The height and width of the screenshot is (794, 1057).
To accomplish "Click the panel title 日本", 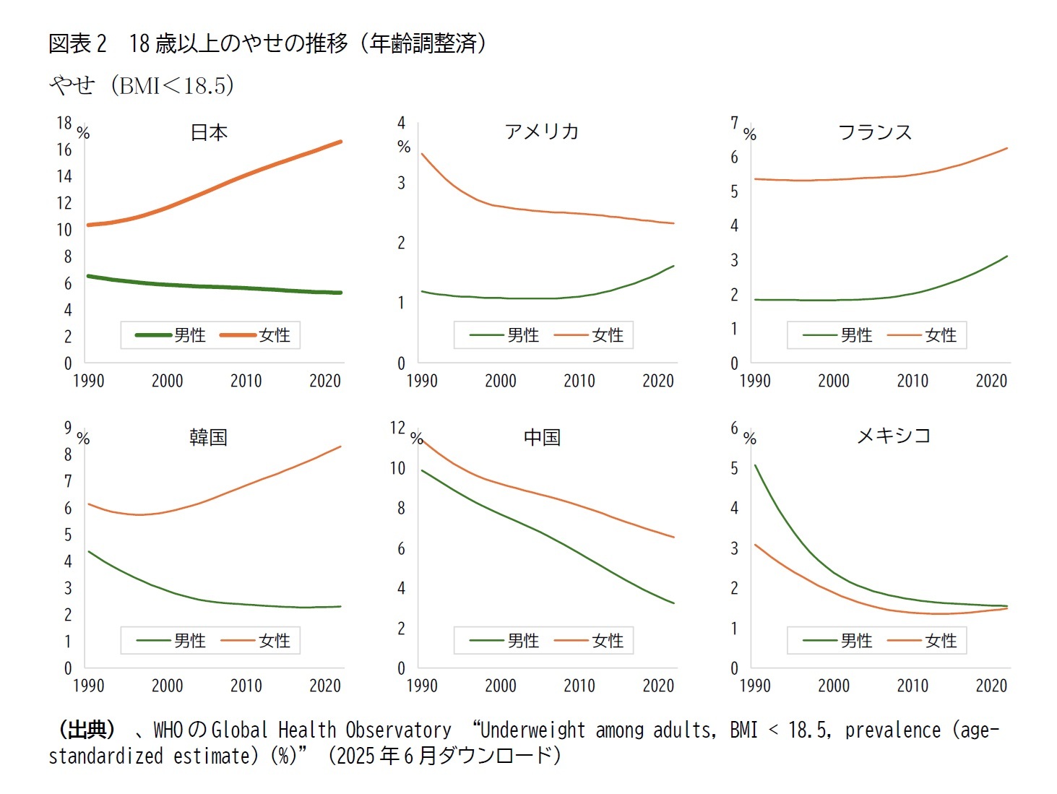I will [x=209, y=132].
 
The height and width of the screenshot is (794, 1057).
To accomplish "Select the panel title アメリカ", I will [x=542, y=131].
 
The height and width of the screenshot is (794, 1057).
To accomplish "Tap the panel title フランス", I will [x=875, y=131].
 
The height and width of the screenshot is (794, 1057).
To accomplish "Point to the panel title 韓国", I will [x=208, y=437].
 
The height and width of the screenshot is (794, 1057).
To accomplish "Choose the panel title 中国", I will [x=542, y=437].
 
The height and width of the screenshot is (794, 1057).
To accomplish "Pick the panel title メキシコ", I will [x=893, y=436].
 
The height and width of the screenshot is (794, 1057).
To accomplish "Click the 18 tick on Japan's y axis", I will [x=64, y=123].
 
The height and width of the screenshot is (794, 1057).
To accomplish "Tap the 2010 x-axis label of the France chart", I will [x=913, y=381].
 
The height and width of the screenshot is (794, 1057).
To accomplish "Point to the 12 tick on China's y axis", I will [x=398, y=428].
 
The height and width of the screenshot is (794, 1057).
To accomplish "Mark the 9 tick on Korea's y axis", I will [x=68, y=428].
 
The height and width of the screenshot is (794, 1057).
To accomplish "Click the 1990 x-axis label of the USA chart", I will [x=422, y=381].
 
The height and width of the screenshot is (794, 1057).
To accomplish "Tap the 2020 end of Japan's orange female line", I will [x=340, y=142].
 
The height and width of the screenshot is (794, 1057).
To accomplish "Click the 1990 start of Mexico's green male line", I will [x=755, y=465].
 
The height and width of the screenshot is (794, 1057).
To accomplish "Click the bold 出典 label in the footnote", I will [x=87, y=730].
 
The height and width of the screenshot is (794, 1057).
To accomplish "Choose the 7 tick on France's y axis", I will [x=734, y=123].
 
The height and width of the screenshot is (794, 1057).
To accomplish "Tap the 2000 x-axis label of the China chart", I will [x=500, y=686].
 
